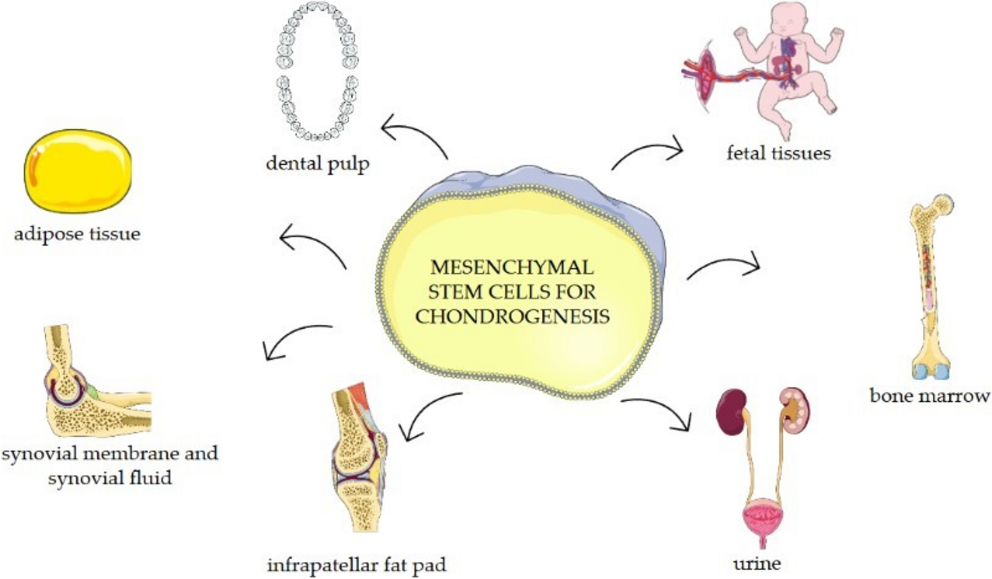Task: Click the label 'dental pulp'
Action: (x=317, y=163)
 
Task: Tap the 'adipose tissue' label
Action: (x=77, y=234)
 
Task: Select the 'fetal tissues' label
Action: (x=778, y=152)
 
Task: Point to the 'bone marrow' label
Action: (x=930, y=395)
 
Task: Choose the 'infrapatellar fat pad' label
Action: (x=357, y=565)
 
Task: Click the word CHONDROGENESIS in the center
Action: (x=513, y=316)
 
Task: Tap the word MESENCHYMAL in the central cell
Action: (x=512, y=267)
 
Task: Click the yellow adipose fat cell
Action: (x=78, y=171)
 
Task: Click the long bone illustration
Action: (x=931, y=287)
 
